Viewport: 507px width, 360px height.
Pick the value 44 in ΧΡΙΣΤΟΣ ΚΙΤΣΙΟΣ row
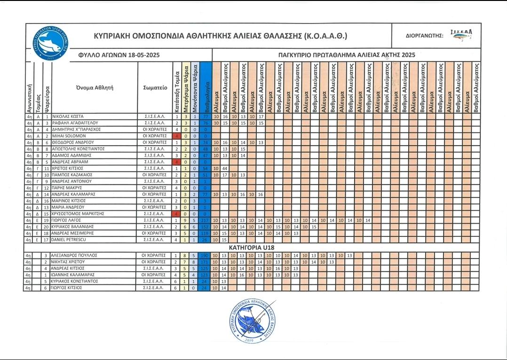[225, 168]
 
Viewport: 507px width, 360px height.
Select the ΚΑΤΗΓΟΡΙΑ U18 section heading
[253, 247]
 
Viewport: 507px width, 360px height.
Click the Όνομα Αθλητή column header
[95, 87]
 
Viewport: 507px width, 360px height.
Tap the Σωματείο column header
[155, 87]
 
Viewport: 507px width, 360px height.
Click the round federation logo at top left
[48, 43]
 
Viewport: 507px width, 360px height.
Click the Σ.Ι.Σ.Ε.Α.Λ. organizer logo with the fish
[461, 35]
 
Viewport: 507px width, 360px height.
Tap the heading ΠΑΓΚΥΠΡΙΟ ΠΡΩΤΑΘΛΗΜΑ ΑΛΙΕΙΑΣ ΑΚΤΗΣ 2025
[346, 55]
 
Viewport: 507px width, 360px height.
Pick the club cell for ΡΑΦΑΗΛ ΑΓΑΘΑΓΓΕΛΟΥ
[155, 123]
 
